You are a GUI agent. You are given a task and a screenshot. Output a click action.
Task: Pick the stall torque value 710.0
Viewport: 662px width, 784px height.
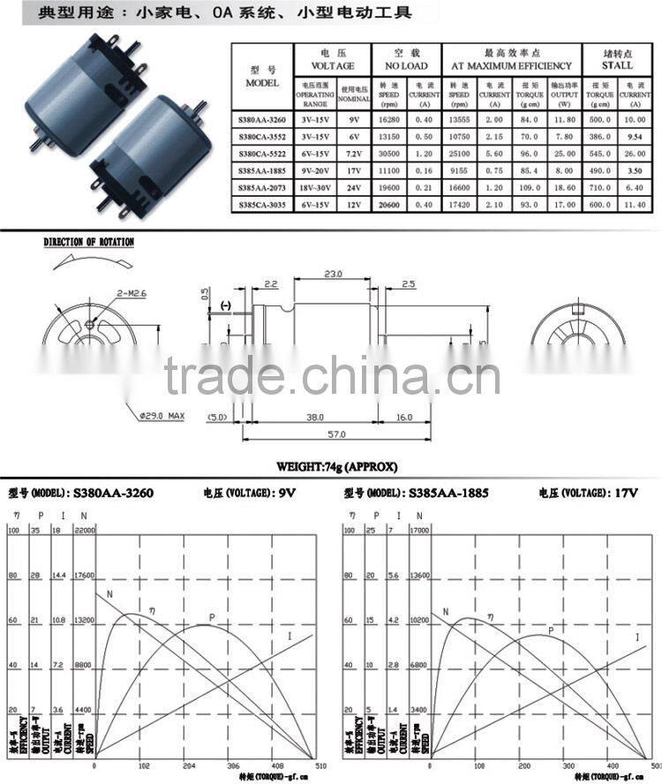[x=592, y=187]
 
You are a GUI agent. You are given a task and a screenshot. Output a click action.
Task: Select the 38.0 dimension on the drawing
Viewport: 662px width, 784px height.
[x=312, y=417]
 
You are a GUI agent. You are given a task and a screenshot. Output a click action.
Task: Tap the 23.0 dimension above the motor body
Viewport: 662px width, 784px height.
[x=334, y=275]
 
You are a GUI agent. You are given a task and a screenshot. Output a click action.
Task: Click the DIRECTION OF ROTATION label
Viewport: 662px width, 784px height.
[x=89, y=242]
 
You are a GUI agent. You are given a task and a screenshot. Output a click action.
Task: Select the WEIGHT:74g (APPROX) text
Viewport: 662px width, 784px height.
[x=336, y=466]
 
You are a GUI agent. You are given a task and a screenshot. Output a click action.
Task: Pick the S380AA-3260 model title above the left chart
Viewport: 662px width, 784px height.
[x=113, y=493]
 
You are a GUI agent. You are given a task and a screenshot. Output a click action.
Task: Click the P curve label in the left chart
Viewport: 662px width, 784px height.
[x=212, y=617]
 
